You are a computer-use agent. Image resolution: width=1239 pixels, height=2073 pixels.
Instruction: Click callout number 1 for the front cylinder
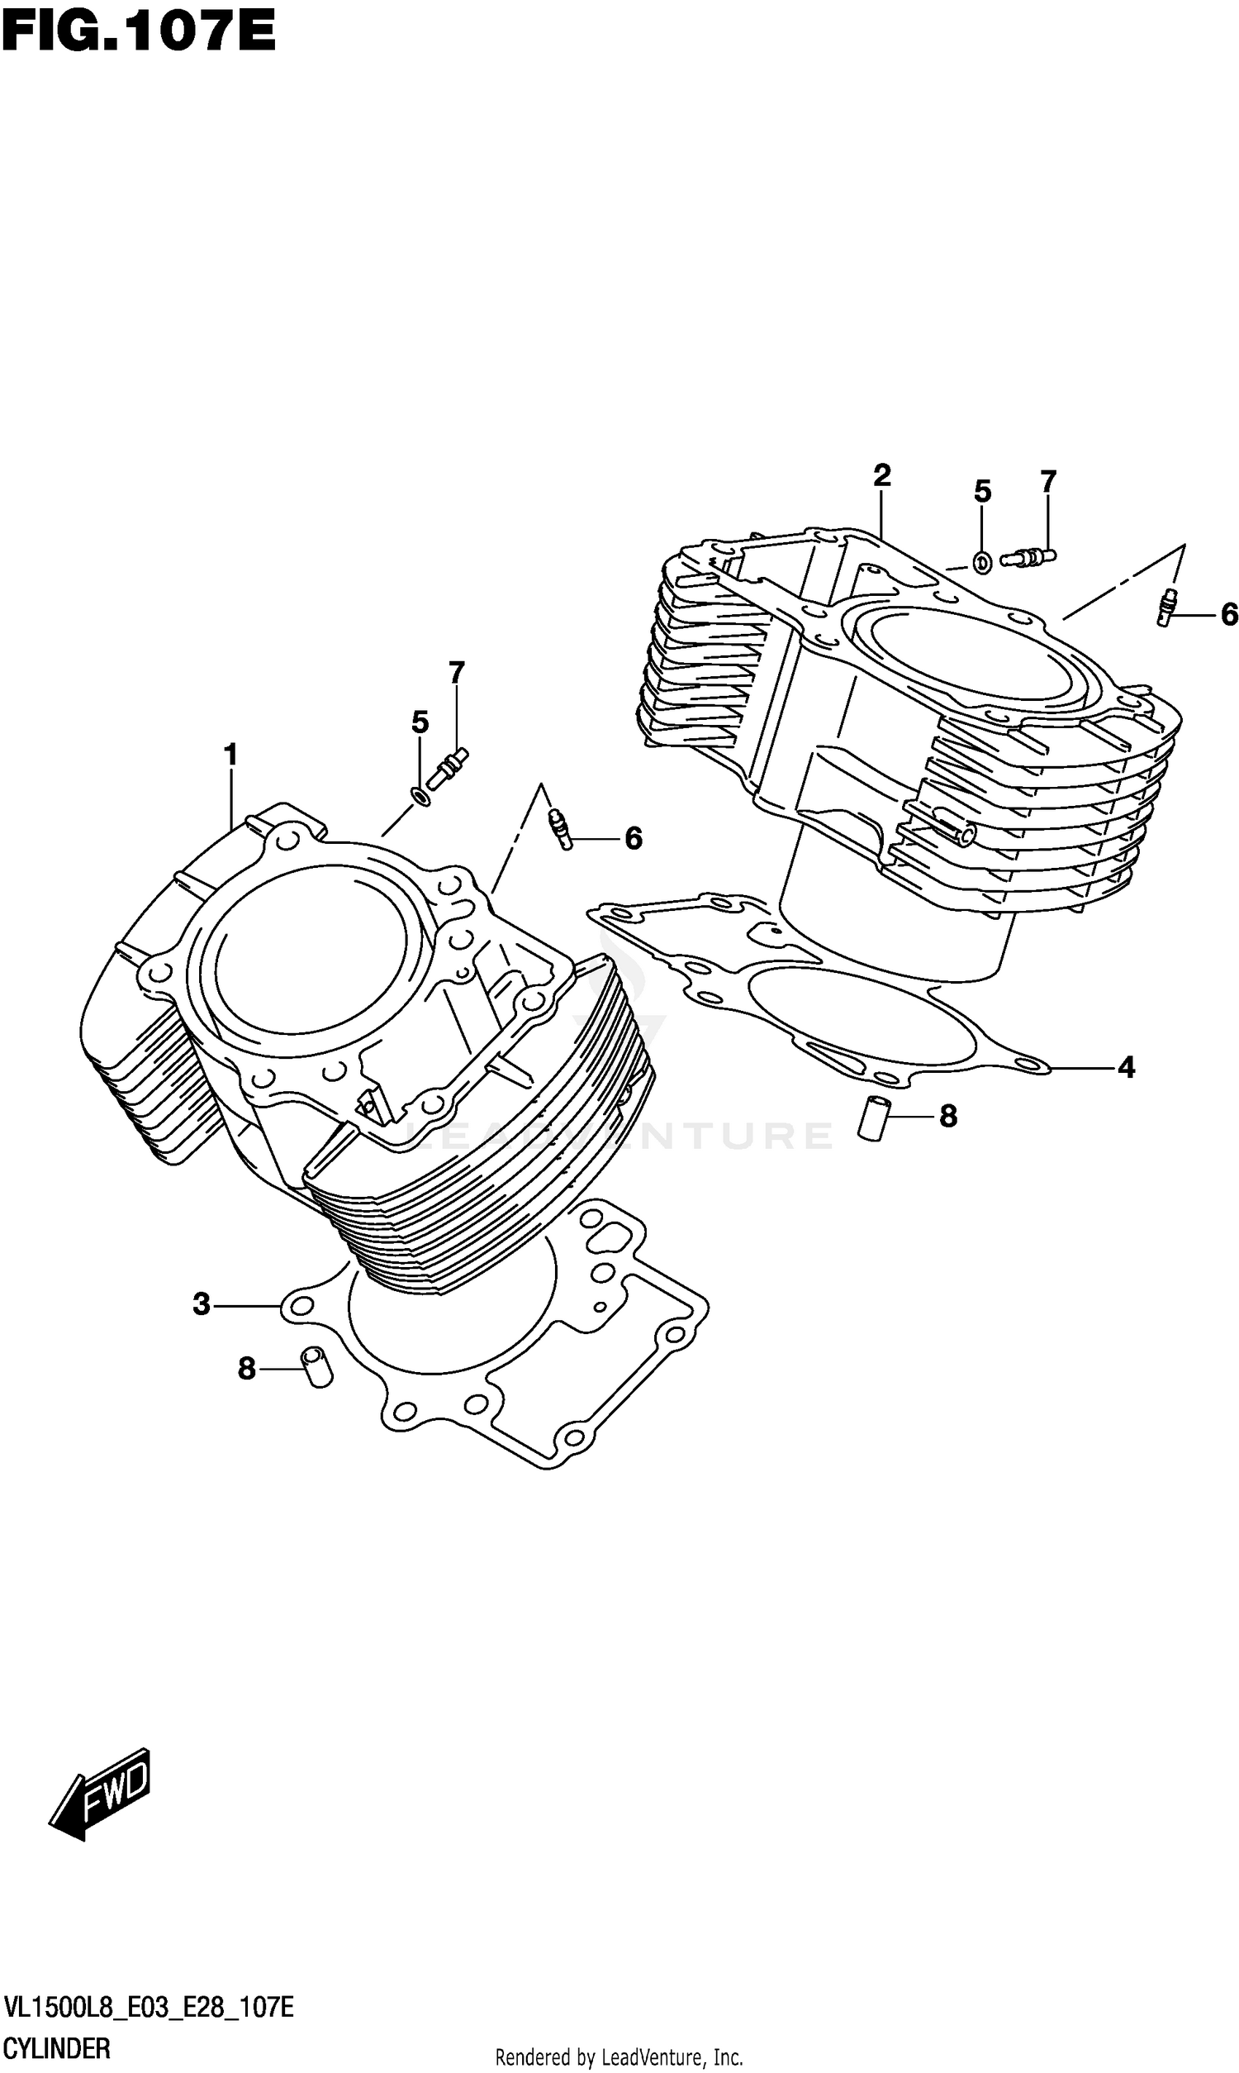point(230,755)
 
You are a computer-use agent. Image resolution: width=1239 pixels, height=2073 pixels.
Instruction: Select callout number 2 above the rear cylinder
point(881,476)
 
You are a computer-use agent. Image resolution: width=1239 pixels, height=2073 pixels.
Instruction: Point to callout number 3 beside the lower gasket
point(202,1303)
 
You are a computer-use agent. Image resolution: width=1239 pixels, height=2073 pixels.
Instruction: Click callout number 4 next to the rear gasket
point(1127,1066)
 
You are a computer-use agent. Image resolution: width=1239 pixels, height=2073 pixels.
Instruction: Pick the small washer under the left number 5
point(421,796)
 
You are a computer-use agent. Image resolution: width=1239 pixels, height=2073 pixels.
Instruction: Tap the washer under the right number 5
point(983,562)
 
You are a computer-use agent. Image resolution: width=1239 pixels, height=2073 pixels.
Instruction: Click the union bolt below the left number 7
point(449,768)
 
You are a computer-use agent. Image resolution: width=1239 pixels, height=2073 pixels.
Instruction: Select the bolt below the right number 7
point(1028,555)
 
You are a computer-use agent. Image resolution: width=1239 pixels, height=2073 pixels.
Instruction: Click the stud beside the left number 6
point(560,829)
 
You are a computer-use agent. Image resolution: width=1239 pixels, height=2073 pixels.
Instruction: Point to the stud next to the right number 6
point(1167,607)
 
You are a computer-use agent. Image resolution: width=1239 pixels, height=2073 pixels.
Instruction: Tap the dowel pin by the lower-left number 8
point(317,1367)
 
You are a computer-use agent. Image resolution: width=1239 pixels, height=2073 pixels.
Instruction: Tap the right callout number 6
point(1228,616)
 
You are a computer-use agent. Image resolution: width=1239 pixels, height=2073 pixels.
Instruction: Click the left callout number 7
point(456,672)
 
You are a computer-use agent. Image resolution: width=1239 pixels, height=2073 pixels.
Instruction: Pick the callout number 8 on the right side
point(947,1116)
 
